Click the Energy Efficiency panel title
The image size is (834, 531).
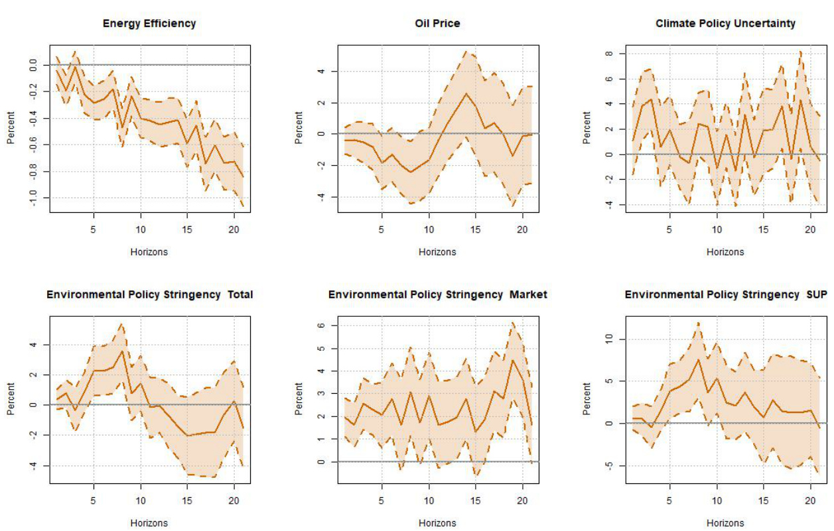point(149,23)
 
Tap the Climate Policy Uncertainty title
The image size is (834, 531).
point(725,23)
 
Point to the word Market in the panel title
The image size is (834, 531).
point(528,294)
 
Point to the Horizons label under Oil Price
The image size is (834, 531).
point(437,252)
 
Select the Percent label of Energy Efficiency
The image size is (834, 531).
point(11,129)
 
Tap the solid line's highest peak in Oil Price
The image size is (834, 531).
point(466,93)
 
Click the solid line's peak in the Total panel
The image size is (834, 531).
point(122,351)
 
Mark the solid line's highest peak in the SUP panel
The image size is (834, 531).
point(698,359)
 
